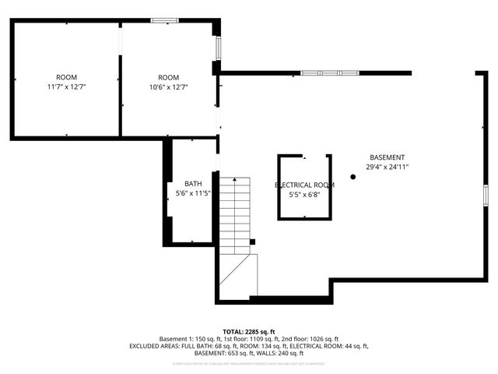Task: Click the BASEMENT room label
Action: point(387,157)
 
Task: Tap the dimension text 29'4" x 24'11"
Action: point(387,167)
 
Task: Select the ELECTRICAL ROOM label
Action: point(304,185)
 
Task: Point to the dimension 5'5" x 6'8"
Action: point(304,195)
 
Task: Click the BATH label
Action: point(193,183)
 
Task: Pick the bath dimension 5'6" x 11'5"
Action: point(193,193)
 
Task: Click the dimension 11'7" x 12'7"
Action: point(66,87)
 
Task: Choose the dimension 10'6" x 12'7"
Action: point(169,87)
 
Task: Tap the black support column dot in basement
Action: point(352,177)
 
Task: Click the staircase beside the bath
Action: point(235,210)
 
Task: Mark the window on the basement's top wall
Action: point(330,73)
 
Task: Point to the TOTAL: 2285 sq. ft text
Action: point(248,331)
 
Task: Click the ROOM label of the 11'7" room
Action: point(66,77)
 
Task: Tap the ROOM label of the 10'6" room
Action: point(169,77)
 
